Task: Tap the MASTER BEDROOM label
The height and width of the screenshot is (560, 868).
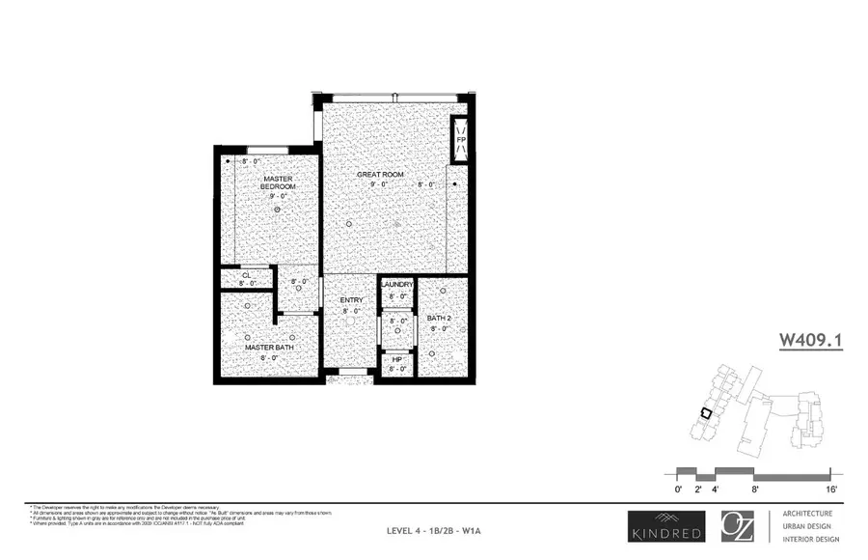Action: (278, 182)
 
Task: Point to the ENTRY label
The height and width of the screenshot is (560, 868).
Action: (350, 301)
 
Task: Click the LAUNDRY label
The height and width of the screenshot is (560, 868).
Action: (396, 285)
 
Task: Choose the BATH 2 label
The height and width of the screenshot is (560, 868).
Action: (439, 318)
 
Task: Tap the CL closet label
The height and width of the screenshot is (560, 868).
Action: (247, 275)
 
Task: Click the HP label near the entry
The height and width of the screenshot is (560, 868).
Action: (396, 359)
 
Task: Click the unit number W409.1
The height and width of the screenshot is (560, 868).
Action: (810, 340)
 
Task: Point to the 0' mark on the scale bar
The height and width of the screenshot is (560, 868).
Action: (679, 490)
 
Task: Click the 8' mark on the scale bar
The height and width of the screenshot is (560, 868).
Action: (755, 490)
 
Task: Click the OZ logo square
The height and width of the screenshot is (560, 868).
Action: (740, 525)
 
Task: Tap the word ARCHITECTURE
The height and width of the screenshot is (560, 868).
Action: (807, 514)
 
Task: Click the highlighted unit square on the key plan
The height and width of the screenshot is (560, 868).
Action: (706, 412)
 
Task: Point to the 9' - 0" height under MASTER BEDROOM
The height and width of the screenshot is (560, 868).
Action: (279, 196)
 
